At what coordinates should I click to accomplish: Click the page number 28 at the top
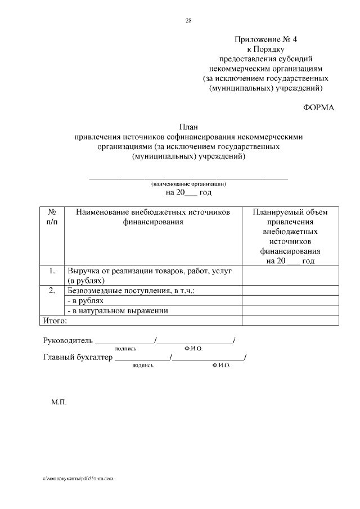coord(188,21)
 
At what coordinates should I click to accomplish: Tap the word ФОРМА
coord(318,107)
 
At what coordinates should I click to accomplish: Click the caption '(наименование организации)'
coord(188,184)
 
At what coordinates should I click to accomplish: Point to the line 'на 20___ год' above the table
coord(188,192)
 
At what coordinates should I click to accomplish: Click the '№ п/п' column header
coord(51,217)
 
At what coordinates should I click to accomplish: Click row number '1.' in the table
coord(51,271)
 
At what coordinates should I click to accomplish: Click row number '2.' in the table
coord(51,290)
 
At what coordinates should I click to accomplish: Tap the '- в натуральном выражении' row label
coord(118,310)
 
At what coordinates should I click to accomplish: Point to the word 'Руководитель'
coord(67,340)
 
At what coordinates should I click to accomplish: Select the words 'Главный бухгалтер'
coord(78,357)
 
